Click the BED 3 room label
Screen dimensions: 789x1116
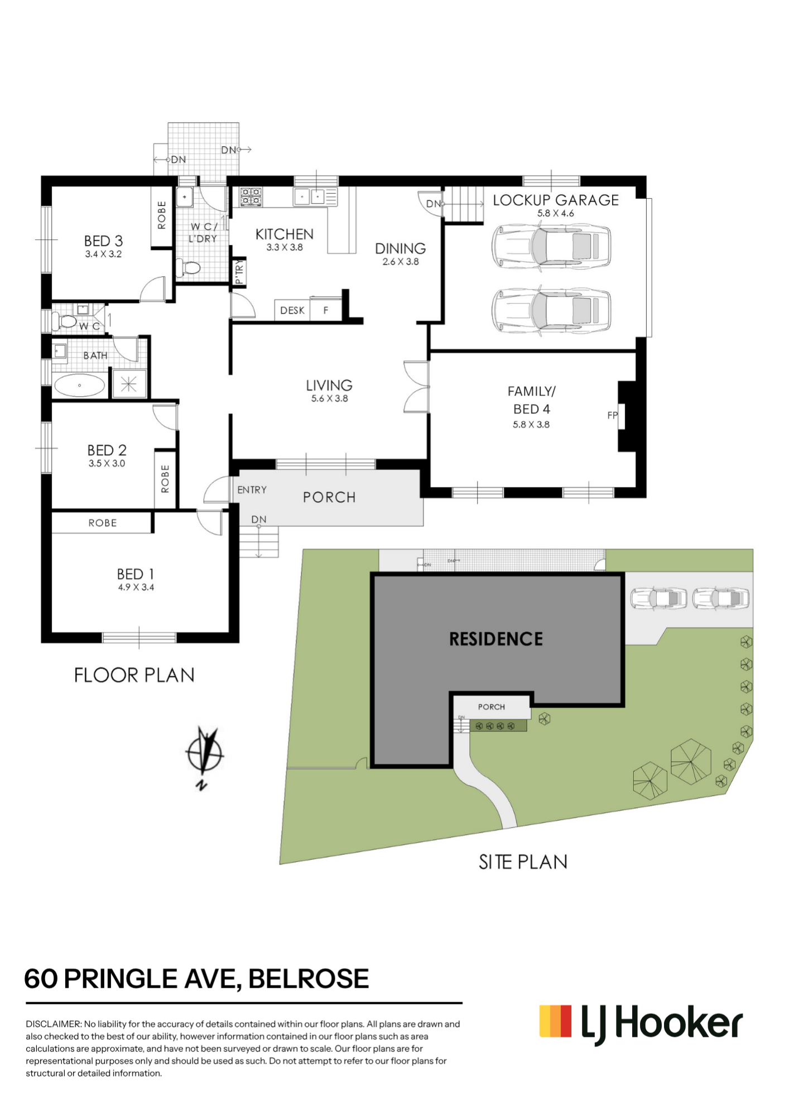[x=103, y=241]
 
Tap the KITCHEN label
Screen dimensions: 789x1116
[x=285, y=234]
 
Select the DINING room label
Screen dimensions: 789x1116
[x=401, y=248]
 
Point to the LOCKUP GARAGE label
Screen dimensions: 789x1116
[x=556, y=200]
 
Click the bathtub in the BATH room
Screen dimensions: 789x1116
[x=79, y=385]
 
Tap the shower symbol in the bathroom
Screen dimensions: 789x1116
[x=129, y=384]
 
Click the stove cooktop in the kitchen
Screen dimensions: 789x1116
[x=251, y=196]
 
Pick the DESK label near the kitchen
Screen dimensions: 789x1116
[x=292, y=310]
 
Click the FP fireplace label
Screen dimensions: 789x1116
[x=612, y=415]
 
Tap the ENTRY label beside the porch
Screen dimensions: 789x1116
[x=252, y=490]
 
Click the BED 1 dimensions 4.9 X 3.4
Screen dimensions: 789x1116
[x=136, y=587]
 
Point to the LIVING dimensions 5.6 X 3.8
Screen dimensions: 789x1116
[x=330, y=398]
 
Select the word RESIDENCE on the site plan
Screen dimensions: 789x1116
[x=496, y=639]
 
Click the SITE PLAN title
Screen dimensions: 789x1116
[x=523, y=862]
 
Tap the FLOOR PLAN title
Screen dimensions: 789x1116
[x=134, y=675]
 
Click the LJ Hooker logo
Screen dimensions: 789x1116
[x=641, y=1024]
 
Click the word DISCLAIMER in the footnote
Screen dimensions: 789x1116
[x=54, y=1024]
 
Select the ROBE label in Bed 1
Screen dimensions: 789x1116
[x=103, y=523]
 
